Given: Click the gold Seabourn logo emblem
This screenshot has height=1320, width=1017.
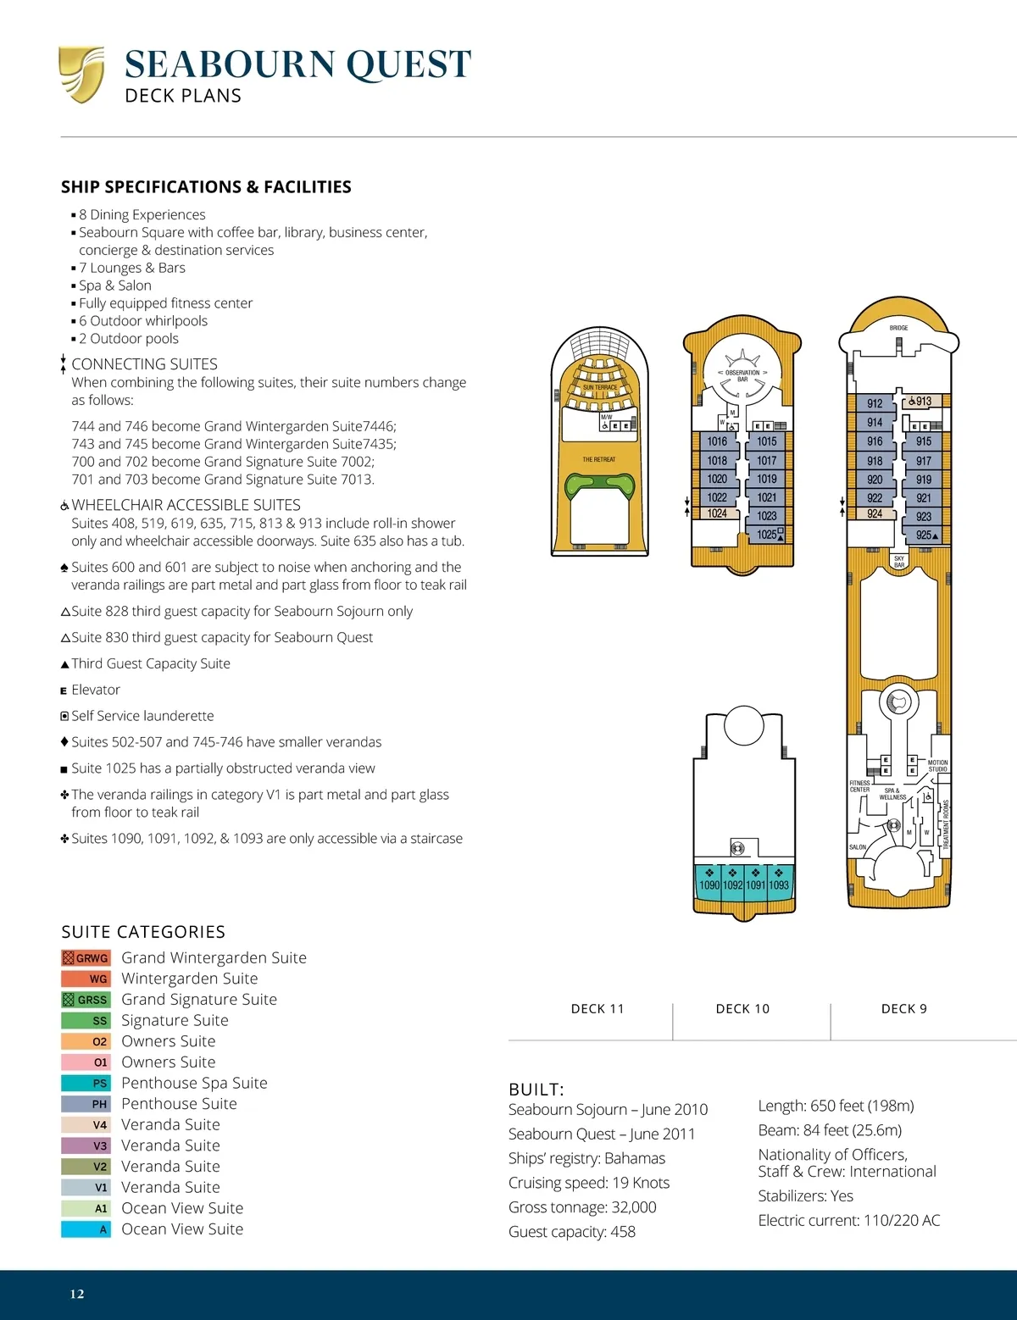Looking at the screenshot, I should click(81, 75).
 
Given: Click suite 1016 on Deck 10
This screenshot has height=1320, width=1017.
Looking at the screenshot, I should click(717, 441).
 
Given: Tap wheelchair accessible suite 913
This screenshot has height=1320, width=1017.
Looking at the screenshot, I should click(921, 402).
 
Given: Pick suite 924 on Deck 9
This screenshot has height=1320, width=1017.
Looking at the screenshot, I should click(875, 514).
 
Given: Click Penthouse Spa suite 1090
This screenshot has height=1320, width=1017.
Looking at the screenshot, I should click(709, 885).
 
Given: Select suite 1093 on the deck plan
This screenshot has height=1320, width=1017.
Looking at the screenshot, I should click(779, 885).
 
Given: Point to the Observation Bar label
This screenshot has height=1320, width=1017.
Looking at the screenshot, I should click(742, 375).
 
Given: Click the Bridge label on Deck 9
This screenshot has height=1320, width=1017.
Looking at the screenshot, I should click(898, 328).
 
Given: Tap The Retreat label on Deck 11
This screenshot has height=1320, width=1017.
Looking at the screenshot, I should click(598, 459).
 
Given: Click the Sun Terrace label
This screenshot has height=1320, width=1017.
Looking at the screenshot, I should click(600, 387).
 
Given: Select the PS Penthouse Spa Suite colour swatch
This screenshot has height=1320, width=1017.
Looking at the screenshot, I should click(86, 1083).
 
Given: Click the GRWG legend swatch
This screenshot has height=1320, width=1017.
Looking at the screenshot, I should click(86, 958).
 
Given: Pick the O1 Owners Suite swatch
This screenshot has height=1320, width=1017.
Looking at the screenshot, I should click(86, 1062).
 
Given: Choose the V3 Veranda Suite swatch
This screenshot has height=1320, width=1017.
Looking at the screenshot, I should click(86, 1145).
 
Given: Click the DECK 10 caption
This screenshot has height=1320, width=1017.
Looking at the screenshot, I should click(742, 1009).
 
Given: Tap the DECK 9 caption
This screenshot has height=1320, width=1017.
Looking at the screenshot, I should click(903, 1009).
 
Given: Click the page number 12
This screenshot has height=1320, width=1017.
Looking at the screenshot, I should click(77, 1294).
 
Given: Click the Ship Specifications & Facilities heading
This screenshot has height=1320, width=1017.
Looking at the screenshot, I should click(206, 187).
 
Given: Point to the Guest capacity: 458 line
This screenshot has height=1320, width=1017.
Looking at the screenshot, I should click(572, 1232).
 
